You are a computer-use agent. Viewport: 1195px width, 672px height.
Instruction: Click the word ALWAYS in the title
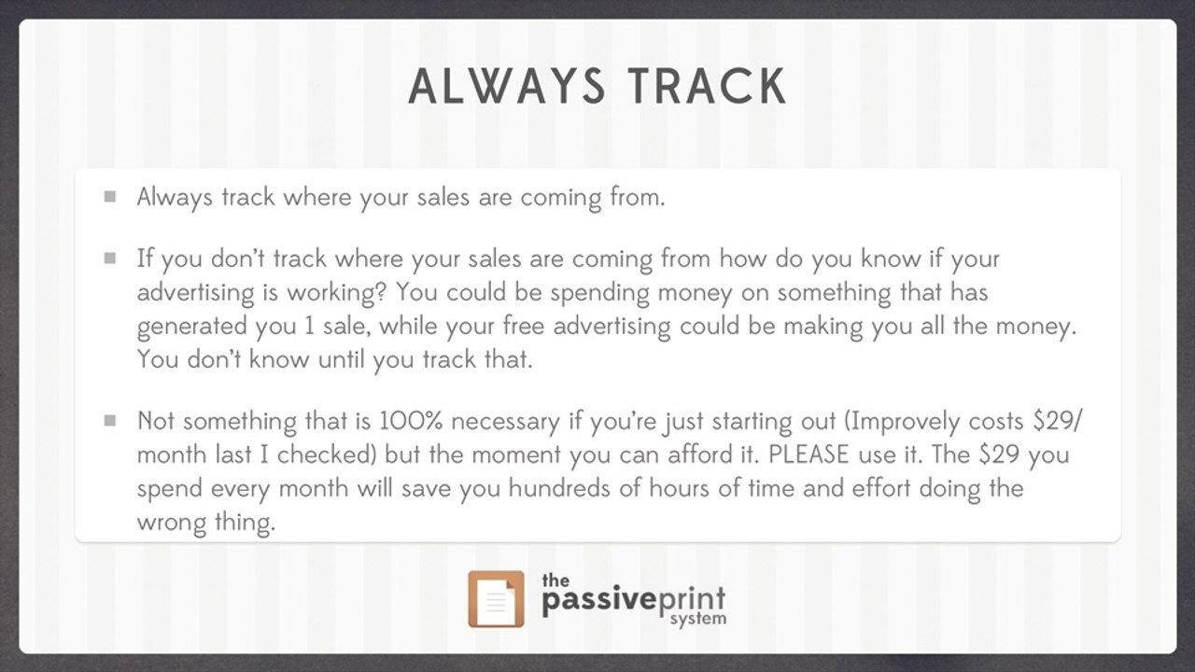[507, 87]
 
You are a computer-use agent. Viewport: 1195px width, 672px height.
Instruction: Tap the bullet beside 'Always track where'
[110, 197]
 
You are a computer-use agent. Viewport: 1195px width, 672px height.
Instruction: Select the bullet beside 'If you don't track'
[110, 259]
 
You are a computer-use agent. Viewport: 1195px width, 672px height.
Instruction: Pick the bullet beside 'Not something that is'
[110, 421]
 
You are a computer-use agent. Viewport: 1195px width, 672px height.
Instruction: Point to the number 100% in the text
[411, 421]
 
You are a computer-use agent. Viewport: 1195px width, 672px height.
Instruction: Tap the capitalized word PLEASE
[808, 455]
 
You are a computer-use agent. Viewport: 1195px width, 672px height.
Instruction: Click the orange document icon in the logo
[496, 599]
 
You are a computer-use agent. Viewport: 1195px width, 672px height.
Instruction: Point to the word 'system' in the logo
[698, 619]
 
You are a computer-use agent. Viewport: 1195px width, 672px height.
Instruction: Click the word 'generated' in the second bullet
[192, 327]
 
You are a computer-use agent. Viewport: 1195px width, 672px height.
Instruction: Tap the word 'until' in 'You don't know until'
[341, 359]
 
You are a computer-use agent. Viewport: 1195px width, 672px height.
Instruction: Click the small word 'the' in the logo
[555, 581]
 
